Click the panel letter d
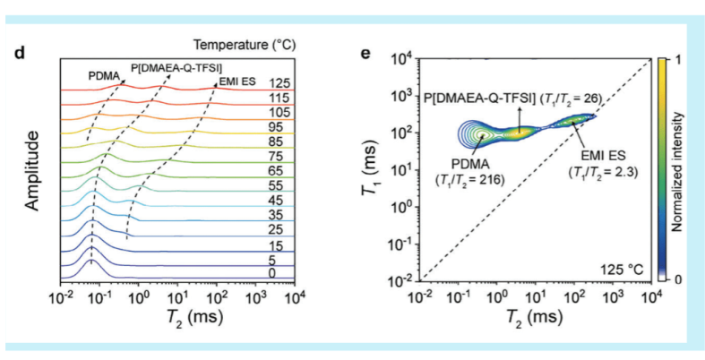pos(19,52)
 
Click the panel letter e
pos(365,52)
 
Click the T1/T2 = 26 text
pos(572,96)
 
